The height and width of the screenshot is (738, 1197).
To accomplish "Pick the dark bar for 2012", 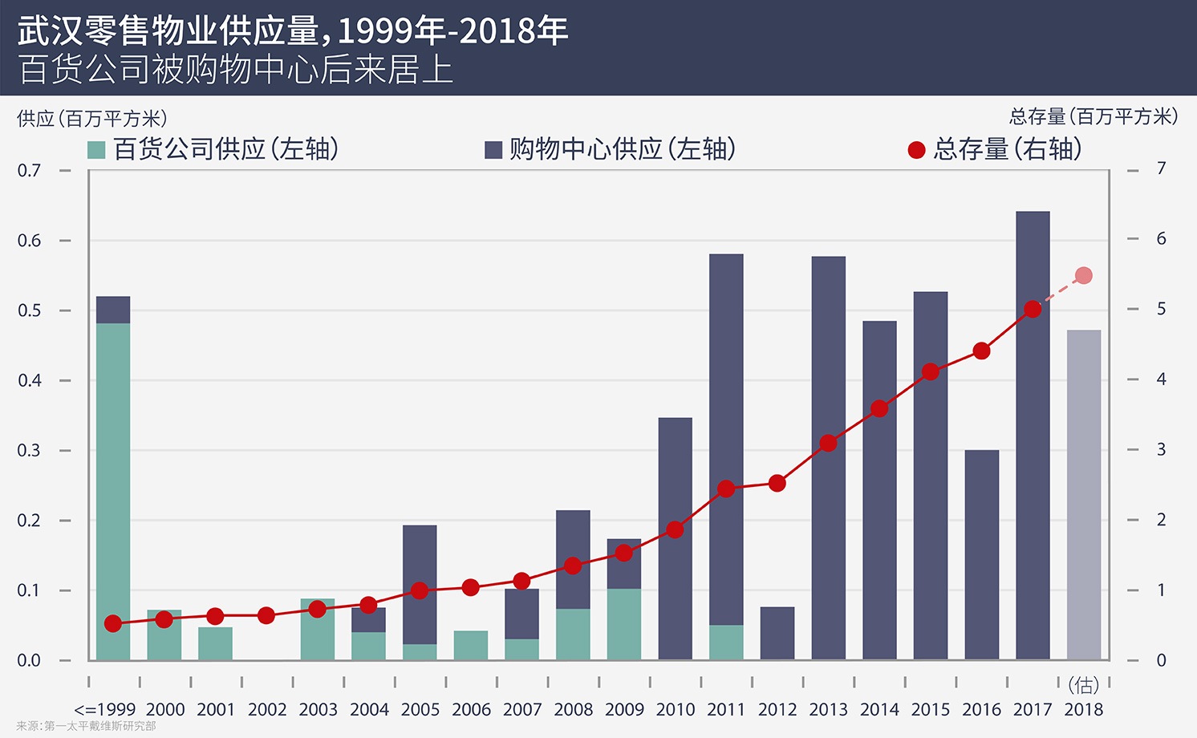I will [777, 634].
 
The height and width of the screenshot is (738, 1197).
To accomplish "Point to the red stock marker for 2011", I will [726, 489].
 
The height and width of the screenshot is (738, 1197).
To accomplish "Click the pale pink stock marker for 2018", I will [1084, 276].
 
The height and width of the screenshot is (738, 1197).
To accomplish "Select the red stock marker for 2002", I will [266, 616].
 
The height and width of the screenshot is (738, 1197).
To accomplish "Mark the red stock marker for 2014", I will [879, 408].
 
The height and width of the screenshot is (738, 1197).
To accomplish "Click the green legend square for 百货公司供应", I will [96, 150].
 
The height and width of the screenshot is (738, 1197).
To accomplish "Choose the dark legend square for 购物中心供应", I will [493, 150].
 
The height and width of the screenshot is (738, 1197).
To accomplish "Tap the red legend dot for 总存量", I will [916, 150].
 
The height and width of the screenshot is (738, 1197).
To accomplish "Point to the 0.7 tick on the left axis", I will [30, 170].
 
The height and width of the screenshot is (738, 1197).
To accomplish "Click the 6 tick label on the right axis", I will [1161, 238].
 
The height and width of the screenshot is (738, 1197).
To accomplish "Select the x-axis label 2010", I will [676, 709].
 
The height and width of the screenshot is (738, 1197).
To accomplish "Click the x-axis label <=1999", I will [105, 709].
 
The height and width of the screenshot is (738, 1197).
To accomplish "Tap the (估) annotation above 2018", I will [1084, 685].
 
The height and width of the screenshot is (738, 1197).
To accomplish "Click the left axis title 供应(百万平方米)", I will [92, 119].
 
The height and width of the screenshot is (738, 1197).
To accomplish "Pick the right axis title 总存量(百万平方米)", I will [1094, 117].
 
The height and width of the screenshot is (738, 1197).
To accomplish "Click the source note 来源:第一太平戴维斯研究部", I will [86, 726].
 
